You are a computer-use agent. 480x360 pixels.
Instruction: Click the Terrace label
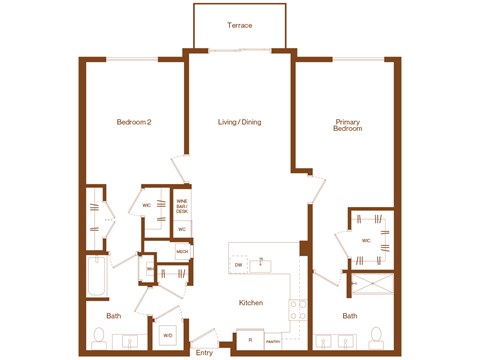[x=239, y=25]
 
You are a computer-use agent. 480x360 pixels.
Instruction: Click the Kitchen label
[x=250, y=303]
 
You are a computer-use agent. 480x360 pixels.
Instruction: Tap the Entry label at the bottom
[x=205, y=352]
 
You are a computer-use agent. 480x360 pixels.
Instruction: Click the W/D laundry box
[x=168, y=335]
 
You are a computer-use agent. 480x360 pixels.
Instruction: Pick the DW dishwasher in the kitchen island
[x=239, y=265]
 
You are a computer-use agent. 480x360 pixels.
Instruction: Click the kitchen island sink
[x=261, y=262]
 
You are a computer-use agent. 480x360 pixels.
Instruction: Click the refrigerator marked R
[x=249, y=340]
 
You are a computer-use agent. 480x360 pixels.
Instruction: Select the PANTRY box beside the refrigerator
[x=273, y=340]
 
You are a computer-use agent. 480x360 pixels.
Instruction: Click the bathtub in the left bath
[x=97, y=277]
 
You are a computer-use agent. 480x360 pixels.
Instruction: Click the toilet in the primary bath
[x=377, y=335]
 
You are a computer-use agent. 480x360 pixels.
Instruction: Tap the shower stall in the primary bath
[x=372, y=287]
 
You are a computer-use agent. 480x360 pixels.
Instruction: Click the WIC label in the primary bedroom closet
[x=365, y=240]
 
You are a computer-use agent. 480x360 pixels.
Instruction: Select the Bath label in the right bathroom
[x=350, y=316]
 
